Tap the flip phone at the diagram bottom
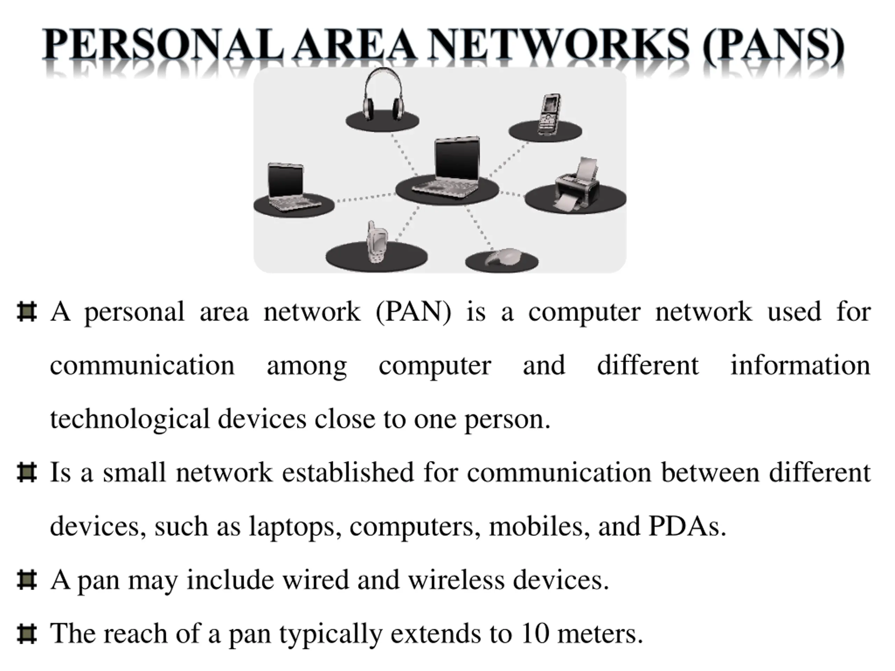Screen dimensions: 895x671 tap(376, 243)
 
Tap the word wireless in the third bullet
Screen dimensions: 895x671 tap(456, 579)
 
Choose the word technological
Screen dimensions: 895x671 tap(129, 419)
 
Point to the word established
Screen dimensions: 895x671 tap(348, 472)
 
